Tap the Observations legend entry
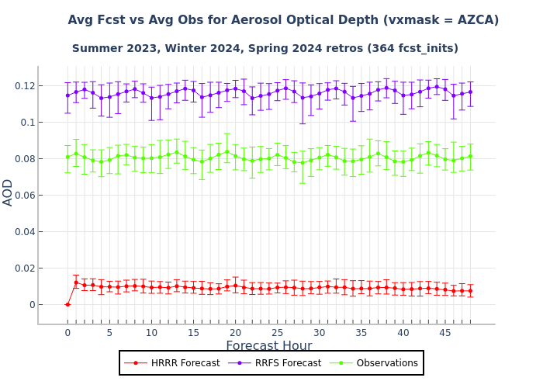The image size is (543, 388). [x=375, y=363]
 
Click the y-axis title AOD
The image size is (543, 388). [x=9, y=192]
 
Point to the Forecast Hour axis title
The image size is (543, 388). [x=268, y=346]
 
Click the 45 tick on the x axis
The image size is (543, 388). [x=444, y=333]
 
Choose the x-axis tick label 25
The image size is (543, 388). [x=277, y=333]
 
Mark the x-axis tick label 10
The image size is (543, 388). [x=151, y=333]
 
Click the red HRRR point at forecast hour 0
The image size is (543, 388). [x=67, y=304]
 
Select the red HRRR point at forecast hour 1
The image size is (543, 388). [x=76, y=283]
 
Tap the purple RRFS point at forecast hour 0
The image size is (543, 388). [x=67, y=95]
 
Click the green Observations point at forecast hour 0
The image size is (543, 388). [x=67, y=157]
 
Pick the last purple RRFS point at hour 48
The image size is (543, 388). [x=470, y=92]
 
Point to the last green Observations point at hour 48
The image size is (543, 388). [x=470, y=156]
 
